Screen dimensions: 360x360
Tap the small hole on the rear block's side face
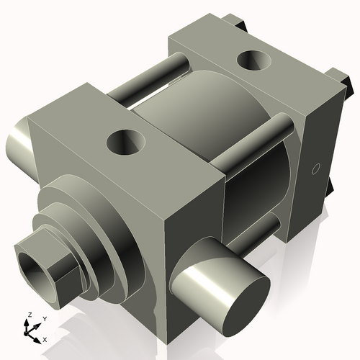point(314,169)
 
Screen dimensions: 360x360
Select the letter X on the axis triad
point(45,338)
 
